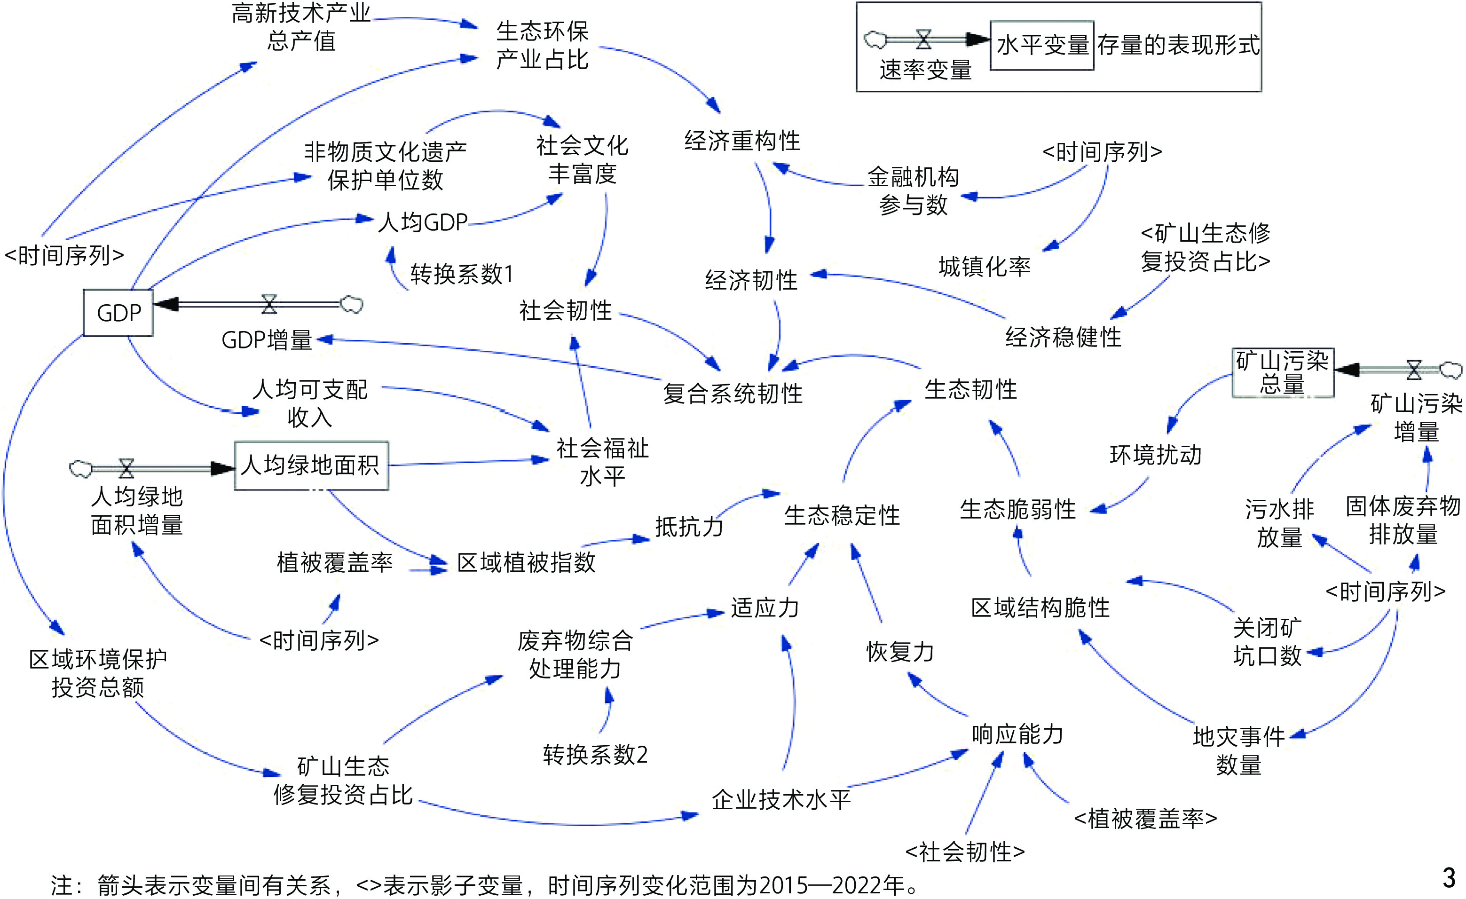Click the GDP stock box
pyautogui.click(x=118, y=313)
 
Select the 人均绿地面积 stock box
pyautogui.click(x=311, y=465)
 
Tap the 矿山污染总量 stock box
pyautogui.click(x=1282, y=373)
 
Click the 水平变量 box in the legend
pyautogui.click(x=1042, y=45)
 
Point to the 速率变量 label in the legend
pyautogui.click(x=925, y=70)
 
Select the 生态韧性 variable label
pyautogui.click(x=970, y=390)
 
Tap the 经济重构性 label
pyautogui.click(x=742, y=141)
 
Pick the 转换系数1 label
pyautogui.click(x=462, y=274)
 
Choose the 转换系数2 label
pyautogui.click(x=595, y=755)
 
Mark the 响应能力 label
pyautogui.click(x=1017, y=734)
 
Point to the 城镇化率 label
pyautogui.click(x=984, y=267)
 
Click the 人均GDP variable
pyautogui.click(x=423, y=222)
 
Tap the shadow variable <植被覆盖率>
pyautogui.click(x=1145, y=819)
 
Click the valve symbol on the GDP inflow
pyautogui.click(x=269, y=304)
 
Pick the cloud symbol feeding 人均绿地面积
pyautogui.click(x=81, y=469)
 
